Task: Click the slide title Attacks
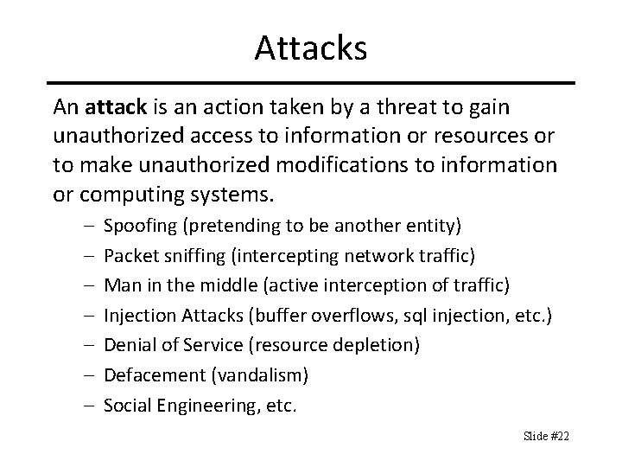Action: [311, 48]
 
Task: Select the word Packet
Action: [128, 256]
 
